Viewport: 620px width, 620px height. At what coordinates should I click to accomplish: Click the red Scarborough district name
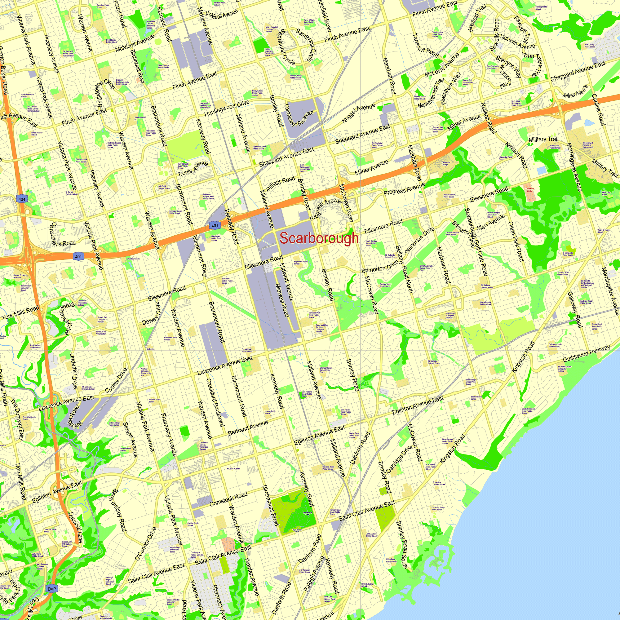[319, 238]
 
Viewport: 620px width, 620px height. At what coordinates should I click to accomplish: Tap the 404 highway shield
[22, 199]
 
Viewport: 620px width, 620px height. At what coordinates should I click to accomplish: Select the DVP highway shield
[52, 589]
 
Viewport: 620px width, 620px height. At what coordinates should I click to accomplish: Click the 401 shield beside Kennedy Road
[215, 226]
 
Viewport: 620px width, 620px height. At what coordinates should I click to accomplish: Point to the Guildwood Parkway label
[587, 354]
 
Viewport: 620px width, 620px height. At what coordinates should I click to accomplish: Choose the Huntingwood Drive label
[227, 108]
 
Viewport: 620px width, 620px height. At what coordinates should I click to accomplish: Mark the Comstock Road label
[228, 499]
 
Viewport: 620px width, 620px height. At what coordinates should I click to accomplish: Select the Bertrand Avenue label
[248, 428]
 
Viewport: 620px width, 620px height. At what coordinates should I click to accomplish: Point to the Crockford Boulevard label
[215, 402]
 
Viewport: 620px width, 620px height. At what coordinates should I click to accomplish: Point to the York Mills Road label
[20, 312]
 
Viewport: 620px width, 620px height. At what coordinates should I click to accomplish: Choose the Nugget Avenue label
[358, 113]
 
